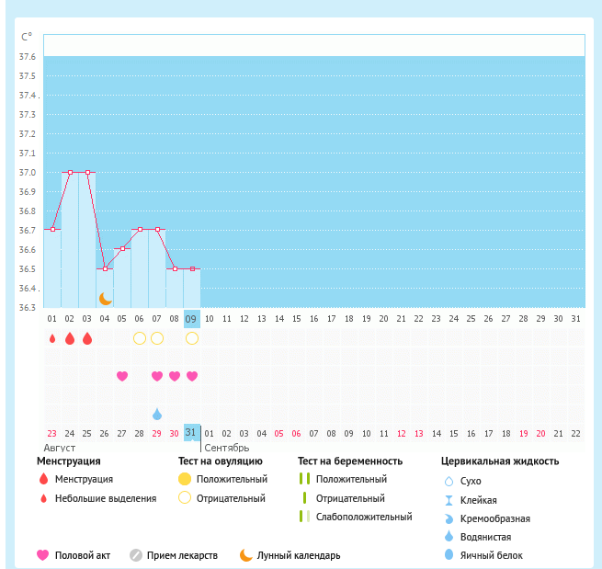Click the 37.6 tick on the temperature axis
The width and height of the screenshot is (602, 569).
click(x=28, y=57)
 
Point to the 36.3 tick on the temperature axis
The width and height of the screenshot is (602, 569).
click(x=28, y=307)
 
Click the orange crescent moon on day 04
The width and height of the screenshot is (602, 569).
click(x=106, y=298)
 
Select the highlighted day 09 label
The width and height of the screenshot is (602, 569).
click(x=191, y=319)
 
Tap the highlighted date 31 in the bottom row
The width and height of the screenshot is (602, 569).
click(x=191, y=432)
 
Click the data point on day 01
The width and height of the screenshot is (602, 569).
click(x=52, y=230)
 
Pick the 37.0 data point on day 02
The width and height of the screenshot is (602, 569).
click(x=70, y=172)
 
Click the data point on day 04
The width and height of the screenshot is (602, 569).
click(x=105, y=268)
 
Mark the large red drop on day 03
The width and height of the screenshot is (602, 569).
click(x=87, y=338)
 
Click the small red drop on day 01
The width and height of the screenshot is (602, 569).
click(x=52, y=338)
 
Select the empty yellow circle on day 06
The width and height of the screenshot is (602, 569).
click(x=140, y=338)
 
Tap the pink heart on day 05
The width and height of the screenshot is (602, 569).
click(x=122, y=376)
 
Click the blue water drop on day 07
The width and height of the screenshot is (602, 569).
click(x=157, y=414)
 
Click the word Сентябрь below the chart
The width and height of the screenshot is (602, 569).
click(x=226, y=446)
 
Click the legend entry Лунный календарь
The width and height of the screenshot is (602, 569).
click(x=298, y=555)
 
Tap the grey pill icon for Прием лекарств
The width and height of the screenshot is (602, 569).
click(x=135, y=555)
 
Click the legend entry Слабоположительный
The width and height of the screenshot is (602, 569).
click(x=363, y=517)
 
